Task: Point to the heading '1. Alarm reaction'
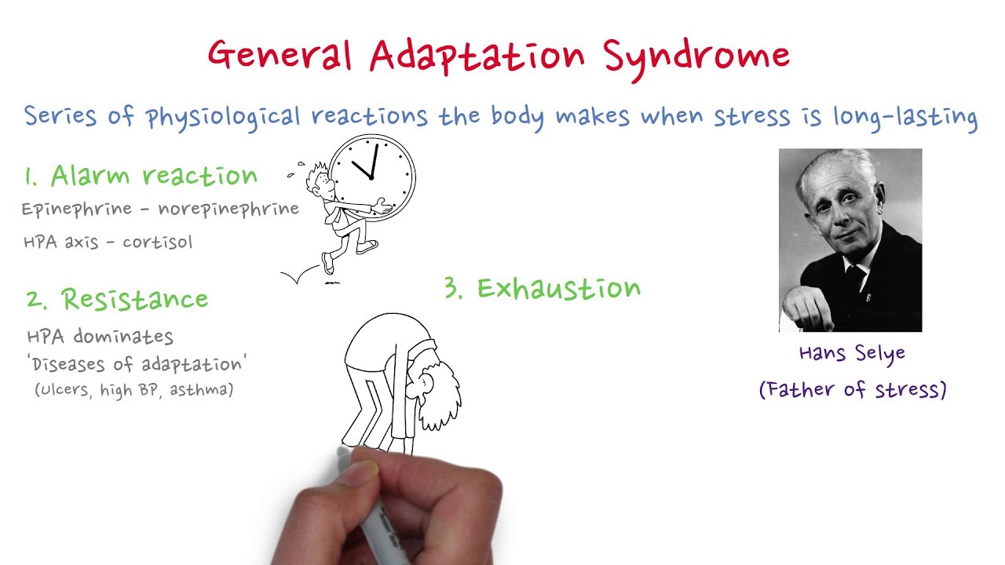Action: [141, 177]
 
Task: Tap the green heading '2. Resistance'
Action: [118, 299]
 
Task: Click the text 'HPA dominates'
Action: [100, 337]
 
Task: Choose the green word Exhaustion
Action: [558, 289]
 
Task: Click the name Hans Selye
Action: [852, 353]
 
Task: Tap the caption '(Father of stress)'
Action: [853, 389]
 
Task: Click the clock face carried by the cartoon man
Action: [372, 177]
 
